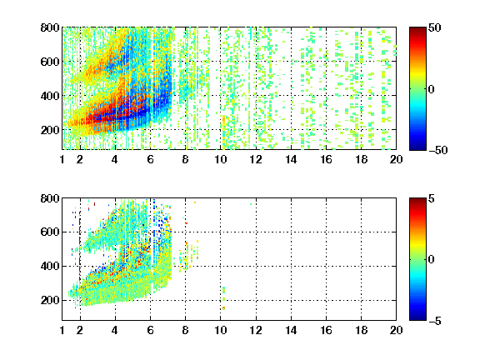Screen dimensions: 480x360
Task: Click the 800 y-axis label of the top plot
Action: (50, 27)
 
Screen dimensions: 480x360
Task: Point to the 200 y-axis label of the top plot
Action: (50, 130)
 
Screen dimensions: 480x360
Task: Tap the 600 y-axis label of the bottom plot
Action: (50, 232)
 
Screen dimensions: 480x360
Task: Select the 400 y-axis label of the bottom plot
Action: (50, 266)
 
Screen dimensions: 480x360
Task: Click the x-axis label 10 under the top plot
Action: (220, 159)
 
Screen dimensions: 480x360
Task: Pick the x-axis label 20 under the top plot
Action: (396, 159)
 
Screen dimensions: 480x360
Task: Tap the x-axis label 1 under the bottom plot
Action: (62, 330)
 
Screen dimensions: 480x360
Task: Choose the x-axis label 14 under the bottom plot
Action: (291, 330)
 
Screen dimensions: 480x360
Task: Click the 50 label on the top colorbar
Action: (434, 27)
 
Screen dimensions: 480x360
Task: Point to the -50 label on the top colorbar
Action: (437, 150)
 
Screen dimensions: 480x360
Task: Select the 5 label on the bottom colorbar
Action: (432, 198)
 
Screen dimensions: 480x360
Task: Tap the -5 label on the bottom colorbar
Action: (435, 321)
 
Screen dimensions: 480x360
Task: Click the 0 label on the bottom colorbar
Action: (432, 260)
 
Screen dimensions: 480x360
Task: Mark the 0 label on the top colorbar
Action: (432, 89)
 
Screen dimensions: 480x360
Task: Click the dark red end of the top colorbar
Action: (417, 30)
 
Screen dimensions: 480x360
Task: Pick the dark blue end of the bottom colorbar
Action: (417, 317)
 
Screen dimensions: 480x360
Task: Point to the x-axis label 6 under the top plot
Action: (150, 159)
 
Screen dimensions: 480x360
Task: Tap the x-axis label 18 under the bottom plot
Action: (361, 330)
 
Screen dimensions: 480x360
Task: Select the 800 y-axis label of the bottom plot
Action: (50, 198)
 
